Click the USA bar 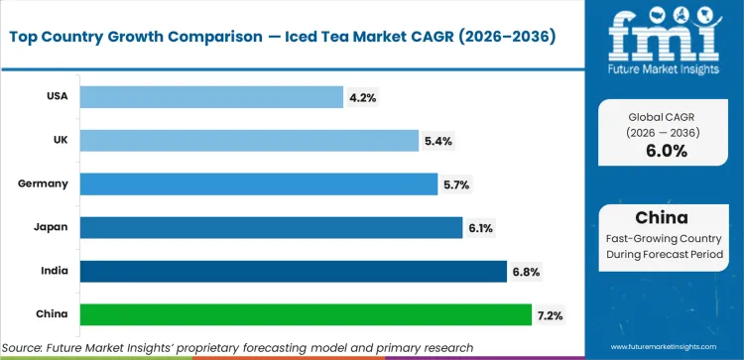coord(210,96)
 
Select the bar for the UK coord(248,140)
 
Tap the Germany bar coord(258,183)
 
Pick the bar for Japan coord(271,227)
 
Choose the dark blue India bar coord(294,271)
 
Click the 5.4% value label coord(438,141)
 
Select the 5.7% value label coord(457,184)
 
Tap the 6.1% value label coord(481,228)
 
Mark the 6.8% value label coord(527,272)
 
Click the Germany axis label coord(43,184)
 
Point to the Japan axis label coord(52,228)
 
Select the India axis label coord(54,272)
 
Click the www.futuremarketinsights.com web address coord(675,347)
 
